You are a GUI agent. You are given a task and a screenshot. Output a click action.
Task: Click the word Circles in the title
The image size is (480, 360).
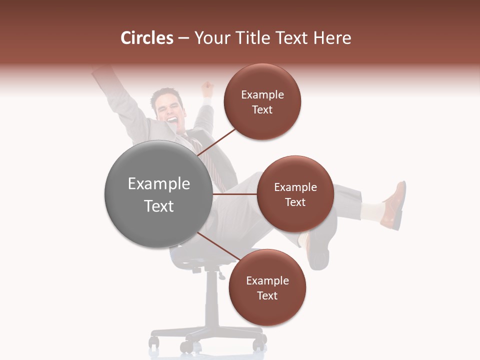click(146, 38)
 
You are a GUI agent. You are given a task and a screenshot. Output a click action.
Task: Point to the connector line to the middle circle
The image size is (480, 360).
click(235, 194)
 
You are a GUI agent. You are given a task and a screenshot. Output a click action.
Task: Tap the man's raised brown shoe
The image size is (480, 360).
click(395, 205)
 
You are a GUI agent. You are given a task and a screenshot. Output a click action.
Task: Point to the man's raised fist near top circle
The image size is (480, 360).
click(206, 90)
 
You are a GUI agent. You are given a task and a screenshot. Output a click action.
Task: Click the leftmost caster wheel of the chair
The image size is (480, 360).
click(154, 342)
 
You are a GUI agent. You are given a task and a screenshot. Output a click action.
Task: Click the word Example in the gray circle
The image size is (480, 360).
click(159, 184)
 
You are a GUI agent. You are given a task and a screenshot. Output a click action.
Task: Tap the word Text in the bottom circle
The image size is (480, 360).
click(267, 295)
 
